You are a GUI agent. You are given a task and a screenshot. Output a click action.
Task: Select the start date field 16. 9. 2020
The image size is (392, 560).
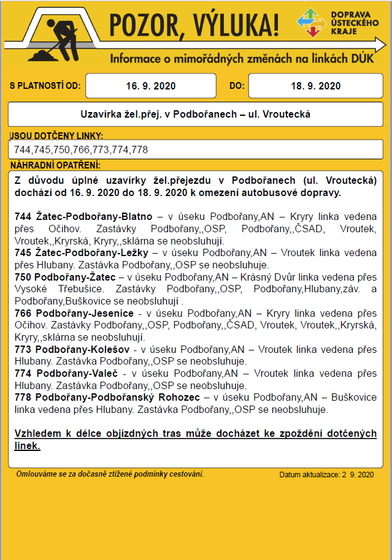pos(151,86)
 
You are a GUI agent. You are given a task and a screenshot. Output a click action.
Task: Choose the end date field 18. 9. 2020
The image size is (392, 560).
pos(315,86)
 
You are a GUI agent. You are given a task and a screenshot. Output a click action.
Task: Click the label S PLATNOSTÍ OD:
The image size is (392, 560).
pos(45,86)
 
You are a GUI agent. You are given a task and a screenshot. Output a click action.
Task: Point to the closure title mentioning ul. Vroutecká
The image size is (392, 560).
pos(196,114)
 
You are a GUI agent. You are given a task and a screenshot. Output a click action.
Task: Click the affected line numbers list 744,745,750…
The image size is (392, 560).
pos(80,149)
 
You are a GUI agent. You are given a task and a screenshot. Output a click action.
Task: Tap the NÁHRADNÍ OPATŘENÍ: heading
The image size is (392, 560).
pos(55,165)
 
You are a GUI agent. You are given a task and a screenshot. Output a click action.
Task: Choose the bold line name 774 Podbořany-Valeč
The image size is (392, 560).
pos(67,373)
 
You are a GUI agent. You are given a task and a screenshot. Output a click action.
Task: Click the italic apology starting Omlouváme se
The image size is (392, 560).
pos(110,474)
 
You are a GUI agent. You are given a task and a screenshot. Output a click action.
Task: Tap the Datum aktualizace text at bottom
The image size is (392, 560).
pos(326,475)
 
